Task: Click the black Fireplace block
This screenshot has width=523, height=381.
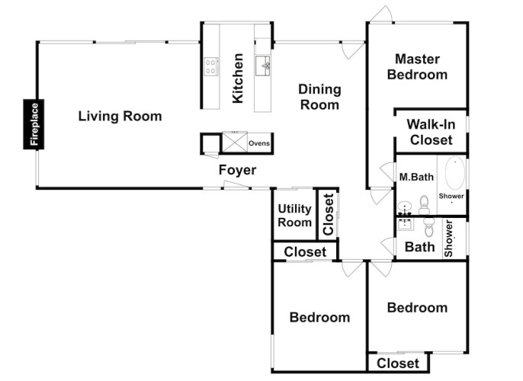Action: pyautogui.click(x=34, y=124)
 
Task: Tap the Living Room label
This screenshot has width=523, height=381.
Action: pyautogui.click(x=120, y=116)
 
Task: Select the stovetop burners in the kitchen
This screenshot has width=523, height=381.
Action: pyautogui.click(x=210, y=66)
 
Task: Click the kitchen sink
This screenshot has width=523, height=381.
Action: pyautogui.click(x=263, y=66)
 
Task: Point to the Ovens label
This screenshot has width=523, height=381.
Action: pyautogui.click(x=259, y=143)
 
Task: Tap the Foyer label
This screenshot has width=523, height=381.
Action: pyautogui.click(x=238, y=170)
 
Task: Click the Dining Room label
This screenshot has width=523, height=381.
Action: pyautogui.click(x=319, y=97)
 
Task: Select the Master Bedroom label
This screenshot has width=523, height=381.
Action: pyautogui.click(x=417, y=66)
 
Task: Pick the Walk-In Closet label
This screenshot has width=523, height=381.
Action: pyautogui.click(x=431, y=132)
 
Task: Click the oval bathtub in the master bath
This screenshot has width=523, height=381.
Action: pyautogui.click(x=455, y=173)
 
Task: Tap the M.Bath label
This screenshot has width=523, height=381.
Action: pyautogui.click(x=416, y=177)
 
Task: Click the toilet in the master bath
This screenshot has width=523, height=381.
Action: pyautogui.click(x=424, y=205)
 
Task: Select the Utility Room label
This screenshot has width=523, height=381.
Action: pyautogui.click(x=294, y=216)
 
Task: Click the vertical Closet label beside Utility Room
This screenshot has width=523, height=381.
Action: pyautogui.click(x=328, y=214)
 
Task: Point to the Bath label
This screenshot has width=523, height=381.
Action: pyautogui.click(x=419, y=247)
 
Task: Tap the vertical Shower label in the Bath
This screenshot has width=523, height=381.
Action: pyautogui.click(x=448, y=239)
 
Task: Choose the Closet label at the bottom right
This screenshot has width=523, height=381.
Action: pyautogui.click(x=398, y=363)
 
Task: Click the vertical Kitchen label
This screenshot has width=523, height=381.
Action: pyautogui.click(x=238, y=78)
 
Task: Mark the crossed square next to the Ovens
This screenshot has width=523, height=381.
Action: pyautogui.click(x=235, y=142)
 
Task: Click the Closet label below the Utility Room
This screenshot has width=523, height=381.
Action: pyautogui.click(x=305, y=252)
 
